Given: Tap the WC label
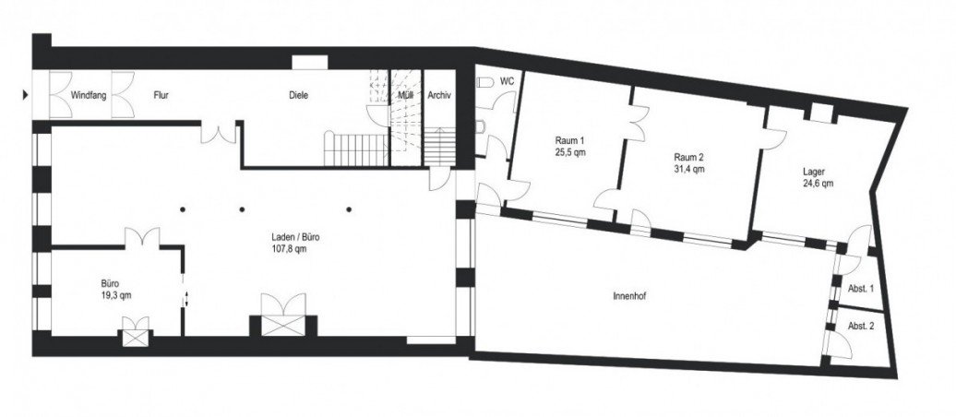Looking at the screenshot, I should (507, 82).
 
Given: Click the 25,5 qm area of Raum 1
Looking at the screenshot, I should (569, 154).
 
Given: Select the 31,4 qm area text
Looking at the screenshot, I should (687, 169).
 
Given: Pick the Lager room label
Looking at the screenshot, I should (813, 172).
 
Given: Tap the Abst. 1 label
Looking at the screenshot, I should (861, 289).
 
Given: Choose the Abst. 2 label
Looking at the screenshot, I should (861, 326).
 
